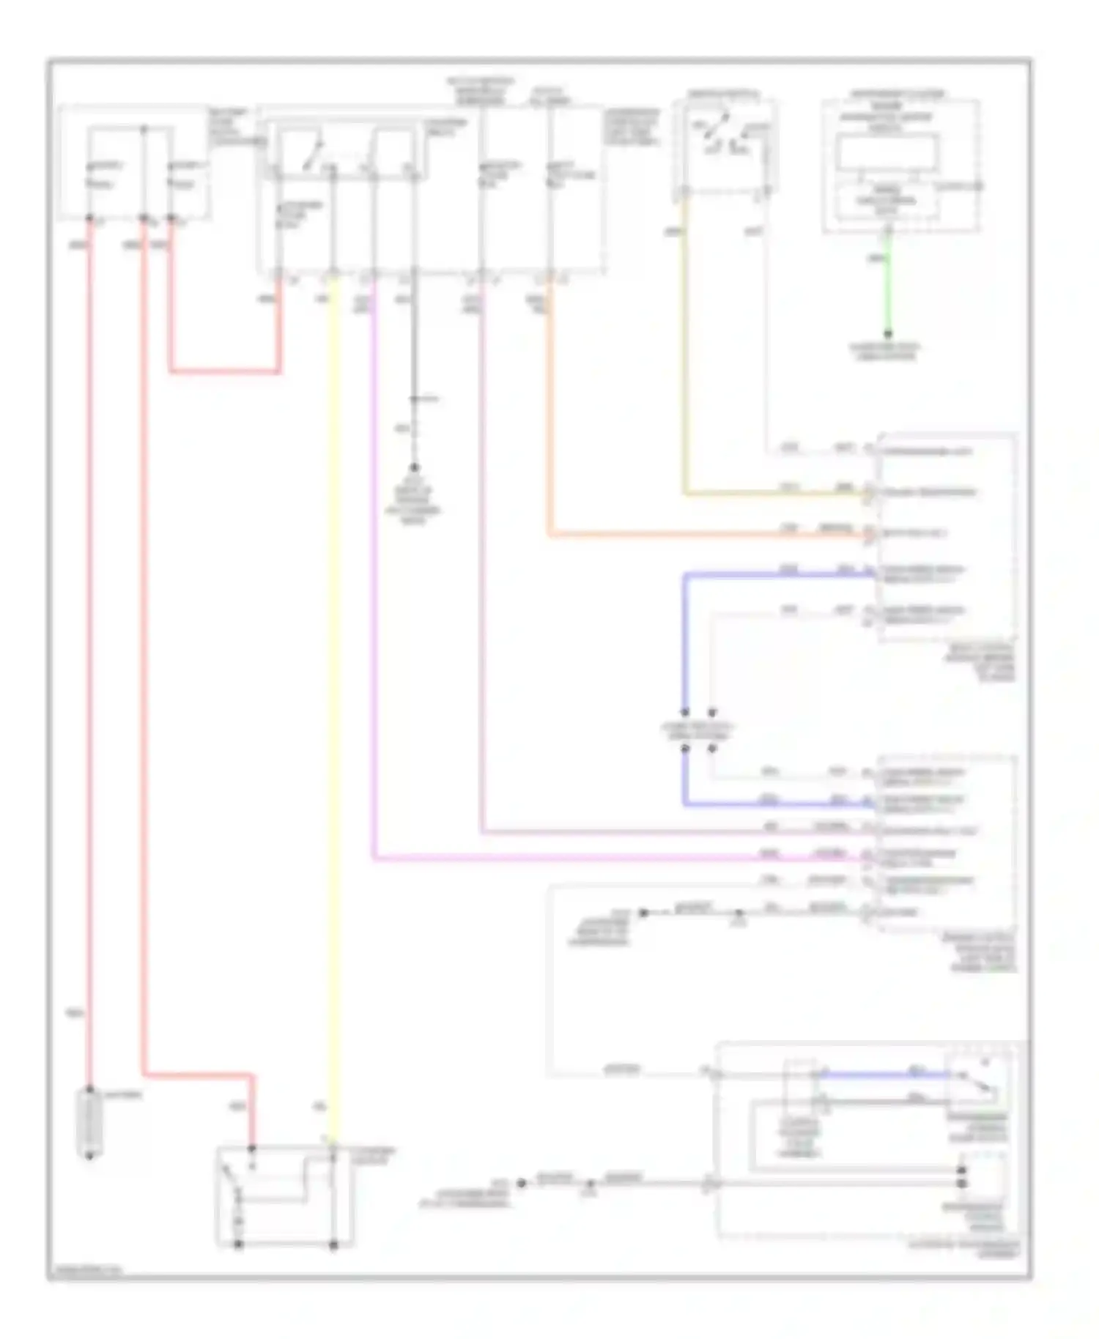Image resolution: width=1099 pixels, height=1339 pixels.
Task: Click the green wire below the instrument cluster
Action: tap(887, 293)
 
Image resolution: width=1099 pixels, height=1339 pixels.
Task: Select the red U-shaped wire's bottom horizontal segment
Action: tap(224, 371)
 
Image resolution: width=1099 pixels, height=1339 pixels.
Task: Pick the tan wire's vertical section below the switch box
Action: tap(685, 352)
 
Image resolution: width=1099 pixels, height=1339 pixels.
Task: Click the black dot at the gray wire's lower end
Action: tap(414, 467)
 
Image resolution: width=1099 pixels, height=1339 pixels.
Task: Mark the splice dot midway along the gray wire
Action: tap(414, 399)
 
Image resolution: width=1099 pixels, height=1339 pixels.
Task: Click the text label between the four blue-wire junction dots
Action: tap(697, 731)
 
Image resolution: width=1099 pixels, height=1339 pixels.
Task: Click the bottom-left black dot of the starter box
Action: tap(238, 1245)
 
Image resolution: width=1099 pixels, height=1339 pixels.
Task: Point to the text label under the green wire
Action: tap(887, 352)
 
